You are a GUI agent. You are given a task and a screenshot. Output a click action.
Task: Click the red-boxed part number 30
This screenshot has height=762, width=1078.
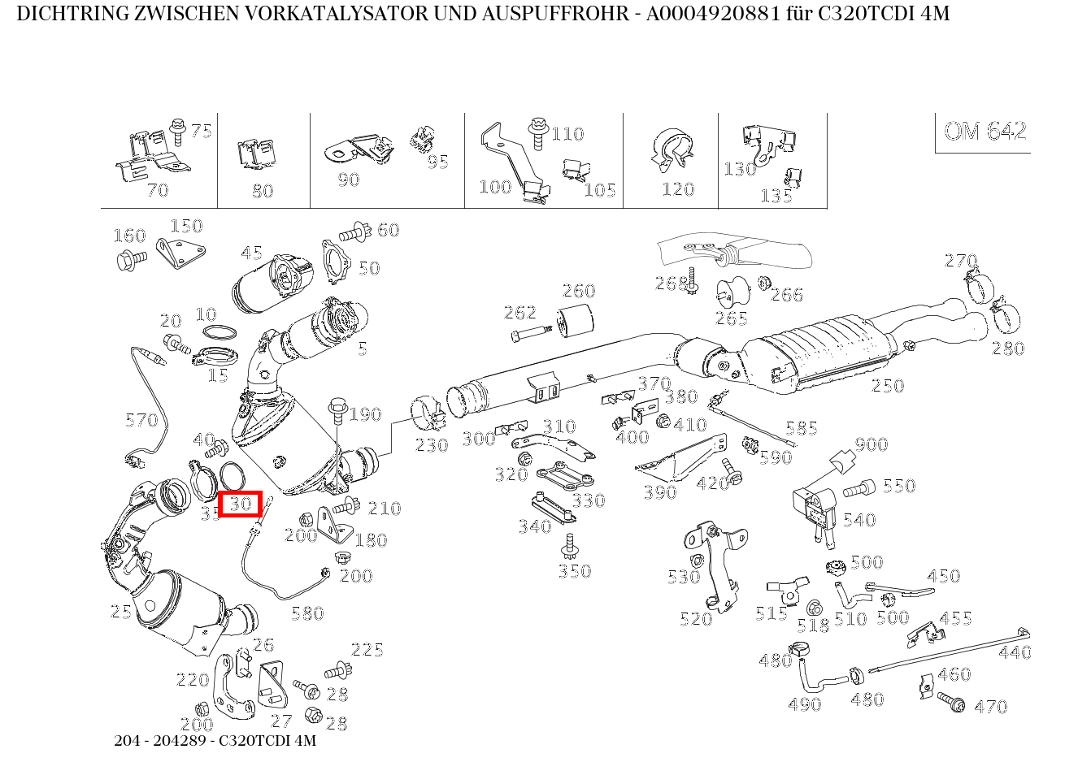click(x=239, y=504)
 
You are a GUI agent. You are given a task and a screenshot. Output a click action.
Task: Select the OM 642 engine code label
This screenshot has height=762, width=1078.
click(x=985, y=132)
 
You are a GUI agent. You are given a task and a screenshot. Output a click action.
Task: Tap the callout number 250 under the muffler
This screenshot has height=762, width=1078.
click(x=887, y=386)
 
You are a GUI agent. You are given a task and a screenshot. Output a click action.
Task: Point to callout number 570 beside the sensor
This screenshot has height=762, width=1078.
click(x=141, y=420)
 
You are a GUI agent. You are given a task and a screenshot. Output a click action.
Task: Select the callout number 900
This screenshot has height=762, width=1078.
click(x=871, y=444)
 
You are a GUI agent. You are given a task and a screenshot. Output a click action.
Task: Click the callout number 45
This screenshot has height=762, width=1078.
click(x=251, y=253)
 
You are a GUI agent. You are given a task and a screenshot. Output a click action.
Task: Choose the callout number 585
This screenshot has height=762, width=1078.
click(x=801, y=428)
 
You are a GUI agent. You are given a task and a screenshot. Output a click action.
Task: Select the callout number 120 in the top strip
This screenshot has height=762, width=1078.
click(x=677, y=189)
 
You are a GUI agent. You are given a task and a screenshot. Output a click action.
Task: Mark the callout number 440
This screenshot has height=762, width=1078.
click(x=1015, y=652)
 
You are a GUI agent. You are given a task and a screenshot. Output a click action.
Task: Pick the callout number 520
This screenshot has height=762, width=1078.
click(x=696, y=619)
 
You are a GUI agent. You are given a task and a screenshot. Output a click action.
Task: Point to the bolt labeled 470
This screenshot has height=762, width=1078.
click(x=950, y=701)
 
